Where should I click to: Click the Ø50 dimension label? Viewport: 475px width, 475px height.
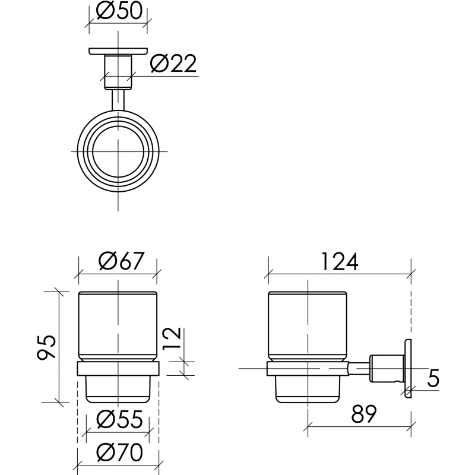(119, 11)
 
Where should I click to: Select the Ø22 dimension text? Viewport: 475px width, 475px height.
(173, 64)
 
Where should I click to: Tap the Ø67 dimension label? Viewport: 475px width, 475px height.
(121, 261)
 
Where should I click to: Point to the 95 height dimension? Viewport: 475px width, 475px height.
(46, 347)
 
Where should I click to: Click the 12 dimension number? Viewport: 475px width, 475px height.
(172, 338)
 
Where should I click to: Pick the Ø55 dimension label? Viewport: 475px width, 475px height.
(119, 420)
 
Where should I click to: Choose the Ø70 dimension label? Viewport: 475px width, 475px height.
(119, 452)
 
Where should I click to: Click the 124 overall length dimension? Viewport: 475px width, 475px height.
(340, 261)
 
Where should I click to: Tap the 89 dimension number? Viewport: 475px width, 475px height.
(364, 414)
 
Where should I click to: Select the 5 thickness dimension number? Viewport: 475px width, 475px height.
(433, 378)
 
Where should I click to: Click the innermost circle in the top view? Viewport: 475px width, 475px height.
(118, 151)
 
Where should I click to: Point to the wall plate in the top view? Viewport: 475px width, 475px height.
(118, 52)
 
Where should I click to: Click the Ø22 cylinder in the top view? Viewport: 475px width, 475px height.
(118, 72)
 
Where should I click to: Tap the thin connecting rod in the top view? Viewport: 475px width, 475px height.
(118, 100)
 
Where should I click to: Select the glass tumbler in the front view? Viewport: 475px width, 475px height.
(118, 327)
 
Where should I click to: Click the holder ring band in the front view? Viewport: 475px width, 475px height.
(118, 369)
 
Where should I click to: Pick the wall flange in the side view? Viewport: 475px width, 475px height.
(408, 368)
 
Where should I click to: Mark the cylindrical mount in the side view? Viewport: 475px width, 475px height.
(387, 368)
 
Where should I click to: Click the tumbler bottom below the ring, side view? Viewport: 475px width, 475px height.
(308, 389)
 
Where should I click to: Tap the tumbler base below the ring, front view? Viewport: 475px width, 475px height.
(118, 389)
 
